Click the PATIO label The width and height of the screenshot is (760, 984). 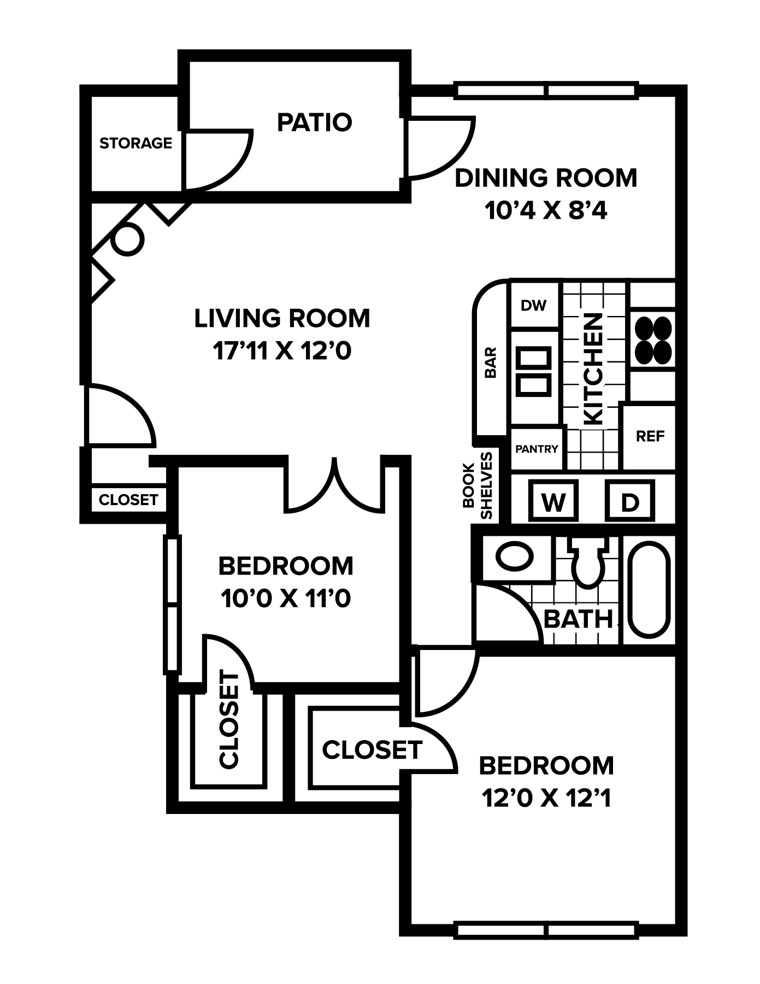point(314,122)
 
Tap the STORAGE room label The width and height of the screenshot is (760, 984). point(135,143)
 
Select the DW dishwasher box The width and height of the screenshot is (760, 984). point(534,305)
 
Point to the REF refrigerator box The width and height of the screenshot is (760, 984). point(650,436)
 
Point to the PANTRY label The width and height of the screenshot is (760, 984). point(537,449)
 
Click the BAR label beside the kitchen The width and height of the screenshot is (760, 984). point(491,362)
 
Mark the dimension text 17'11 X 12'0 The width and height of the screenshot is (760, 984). point(282,351)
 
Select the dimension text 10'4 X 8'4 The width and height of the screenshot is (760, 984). point(546,210)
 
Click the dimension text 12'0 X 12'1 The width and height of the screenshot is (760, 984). point(546,799)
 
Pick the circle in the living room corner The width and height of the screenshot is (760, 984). point(127,239)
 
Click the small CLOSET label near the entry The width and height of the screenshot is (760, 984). point(128,500)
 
